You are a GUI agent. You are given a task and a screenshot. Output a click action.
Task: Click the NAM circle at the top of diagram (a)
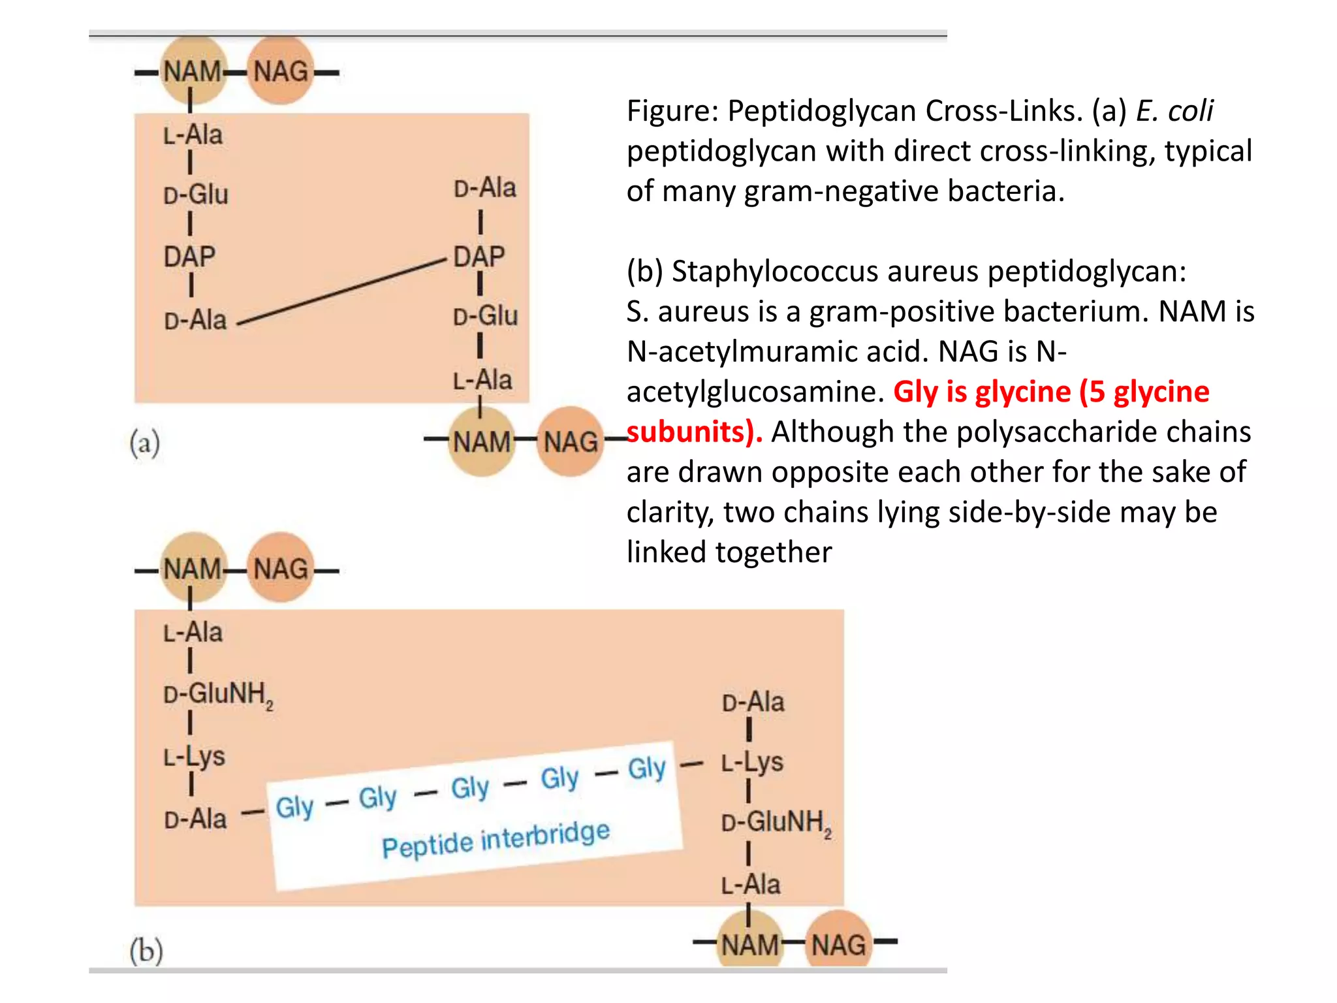pyautogui.click(x=193, y=71)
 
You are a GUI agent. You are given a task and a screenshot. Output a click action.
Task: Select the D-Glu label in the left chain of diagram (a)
pyautogui.click(x=196, y=195)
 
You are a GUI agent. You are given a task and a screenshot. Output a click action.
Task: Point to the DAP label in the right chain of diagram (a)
pyautogui.click(x=479, y=256)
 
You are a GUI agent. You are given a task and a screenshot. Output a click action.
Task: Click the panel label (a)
pyautogui.click(x=145, y=443)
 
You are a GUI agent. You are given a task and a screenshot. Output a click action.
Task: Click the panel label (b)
pyautogui.click(x=146, y=950)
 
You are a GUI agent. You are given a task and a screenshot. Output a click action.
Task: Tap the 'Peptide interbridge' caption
pyautogui.click(x=495, y=839)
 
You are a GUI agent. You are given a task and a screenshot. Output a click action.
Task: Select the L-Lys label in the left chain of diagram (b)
pyautogui.click(x=194, y=757)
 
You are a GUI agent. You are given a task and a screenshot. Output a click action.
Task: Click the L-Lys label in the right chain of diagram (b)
pyautogui.click(x=752, y=762)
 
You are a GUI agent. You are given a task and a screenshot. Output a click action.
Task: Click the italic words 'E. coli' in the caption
pyautogui.click(x=1174, y=110)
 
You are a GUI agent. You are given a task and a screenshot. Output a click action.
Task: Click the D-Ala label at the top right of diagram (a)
pyautogui.click(x=485, y=188)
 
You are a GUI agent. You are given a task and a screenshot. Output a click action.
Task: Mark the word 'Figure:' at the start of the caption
pyautogui.click(x=672, y=110)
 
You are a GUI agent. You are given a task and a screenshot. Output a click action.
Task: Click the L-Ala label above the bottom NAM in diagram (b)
pyautogui.click(x=751, y=885)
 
